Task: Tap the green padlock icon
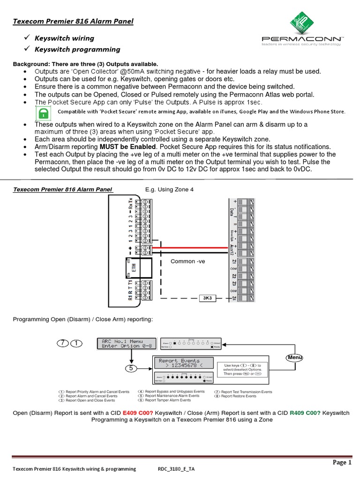[44, 113]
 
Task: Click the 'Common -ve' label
[186, 261]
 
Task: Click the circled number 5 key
[132, 368]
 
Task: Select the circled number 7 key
[63, 343]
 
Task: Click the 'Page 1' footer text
[342, 462]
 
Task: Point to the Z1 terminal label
[233, 261]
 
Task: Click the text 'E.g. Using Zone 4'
[169, 189]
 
